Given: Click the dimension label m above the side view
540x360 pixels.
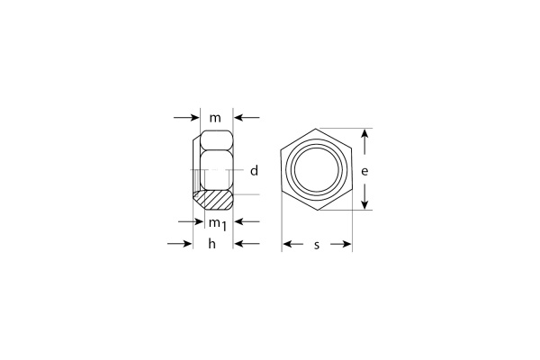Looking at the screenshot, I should point(215,118).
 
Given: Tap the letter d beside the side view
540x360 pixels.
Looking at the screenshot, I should point(254,170).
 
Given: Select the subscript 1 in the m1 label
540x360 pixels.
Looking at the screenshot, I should point(222,227).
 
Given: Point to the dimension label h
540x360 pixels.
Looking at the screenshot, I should point(212,244).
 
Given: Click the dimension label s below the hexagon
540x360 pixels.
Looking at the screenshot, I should point(318,244).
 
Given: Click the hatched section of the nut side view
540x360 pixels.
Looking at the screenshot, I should point(215,197).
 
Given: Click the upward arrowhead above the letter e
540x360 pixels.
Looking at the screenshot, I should point(364,134).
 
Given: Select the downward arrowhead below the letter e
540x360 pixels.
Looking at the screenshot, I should point(364,203).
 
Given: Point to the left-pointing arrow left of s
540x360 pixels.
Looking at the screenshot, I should point(289,244).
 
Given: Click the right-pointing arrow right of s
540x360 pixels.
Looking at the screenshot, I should point(346,244).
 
